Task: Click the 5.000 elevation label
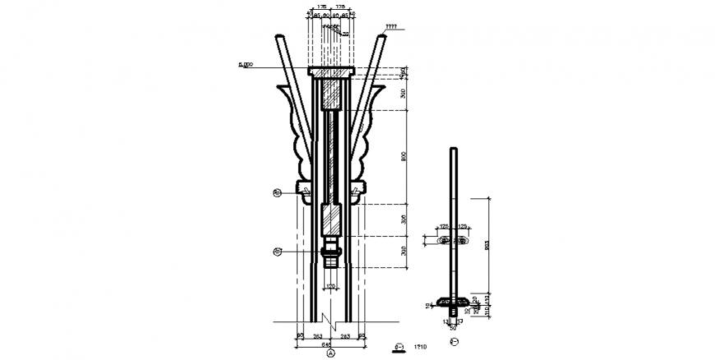[244, 64]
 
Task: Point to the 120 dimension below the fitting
[331, 286]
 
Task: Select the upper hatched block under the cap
[331, 93]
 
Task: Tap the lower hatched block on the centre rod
[331, 219]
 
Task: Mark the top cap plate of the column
[331, 72]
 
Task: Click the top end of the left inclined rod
[279, 38]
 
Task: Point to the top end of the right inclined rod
[384, 38]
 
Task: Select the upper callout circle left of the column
[278, 194]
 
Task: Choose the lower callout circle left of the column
[278, 251]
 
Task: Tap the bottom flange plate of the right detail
[454, 300]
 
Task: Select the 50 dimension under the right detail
[453, 328]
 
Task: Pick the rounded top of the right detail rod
[454, 149]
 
